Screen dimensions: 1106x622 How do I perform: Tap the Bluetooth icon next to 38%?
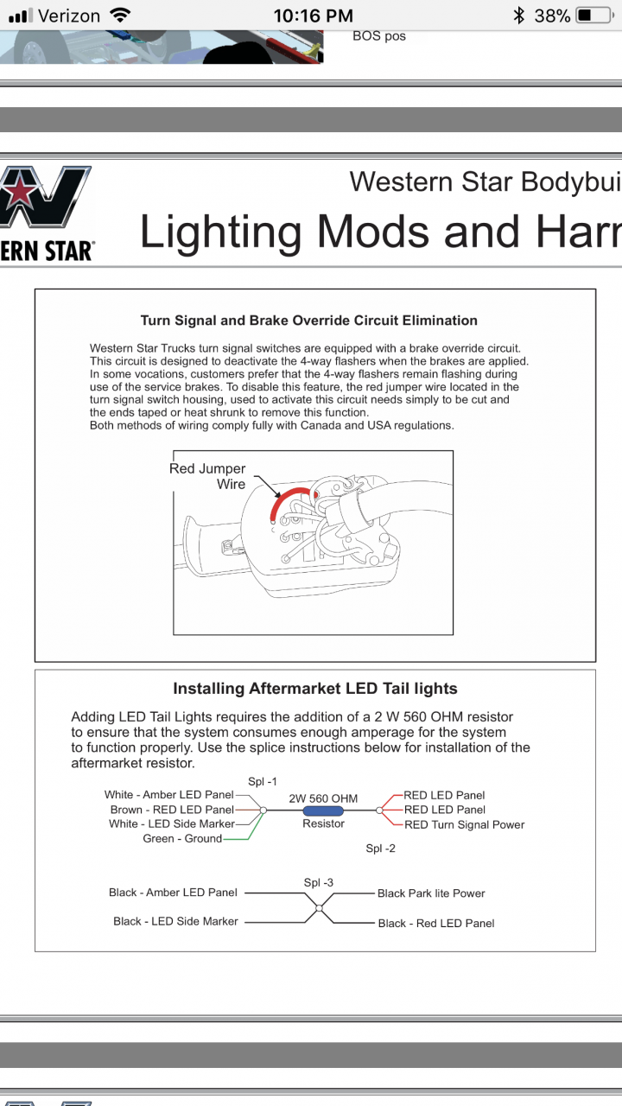tap(518, 16)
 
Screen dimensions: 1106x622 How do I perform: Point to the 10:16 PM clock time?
tap(313, 16)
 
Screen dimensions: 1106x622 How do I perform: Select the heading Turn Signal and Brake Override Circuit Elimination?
tap(309, 321)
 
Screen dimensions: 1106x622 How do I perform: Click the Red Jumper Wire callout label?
tap(207, 476)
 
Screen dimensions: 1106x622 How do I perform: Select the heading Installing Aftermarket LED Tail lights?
tap(315, 689)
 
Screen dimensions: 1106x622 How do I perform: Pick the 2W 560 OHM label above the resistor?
tap(323, 798)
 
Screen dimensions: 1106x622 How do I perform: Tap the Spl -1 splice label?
tap(263, 781)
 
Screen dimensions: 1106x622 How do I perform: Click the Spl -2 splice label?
tap(380, 849)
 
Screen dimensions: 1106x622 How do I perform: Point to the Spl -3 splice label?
tap(319, 882)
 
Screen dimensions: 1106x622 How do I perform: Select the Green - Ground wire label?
tap(182, 839)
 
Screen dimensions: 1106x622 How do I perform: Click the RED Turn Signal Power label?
tap(465, 824)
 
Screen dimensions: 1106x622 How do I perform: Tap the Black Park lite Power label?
tap(431, 893)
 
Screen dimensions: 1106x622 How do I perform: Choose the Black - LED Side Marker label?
tap(175, 922)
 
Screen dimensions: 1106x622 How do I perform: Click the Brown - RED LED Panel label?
tap(172, 810)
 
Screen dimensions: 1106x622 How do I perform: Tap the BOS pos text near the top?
tap(379, 36)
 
